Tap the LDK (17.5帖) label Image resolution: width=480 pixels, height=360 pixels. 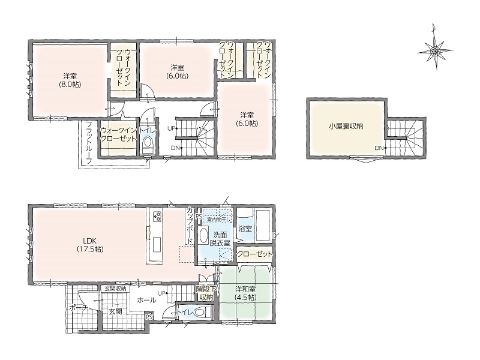coord(90,245)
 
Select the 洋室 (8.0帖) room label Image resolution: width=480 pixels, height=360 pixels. coord(70,80)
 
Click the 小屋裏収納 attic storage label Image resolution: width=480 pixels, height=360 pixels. coord(346,126)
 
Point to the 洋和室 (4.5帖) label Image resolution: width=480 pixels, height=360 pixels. coord(245,293)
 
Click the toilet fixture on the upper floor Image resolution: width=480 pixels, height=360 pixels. coord(148,143)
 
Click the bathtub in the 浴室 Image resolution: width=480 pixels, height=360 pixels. coord(263,225)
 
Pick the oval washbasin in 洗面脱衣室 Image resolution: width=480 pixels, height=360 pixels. coord(203,236)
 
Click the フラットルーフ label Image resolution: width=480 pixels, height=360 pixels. coord(89,142)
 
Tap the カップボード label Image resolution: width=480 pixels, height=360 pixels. coord(190,226)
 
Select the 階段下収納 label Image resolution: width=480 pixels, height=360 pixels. coord(206,293)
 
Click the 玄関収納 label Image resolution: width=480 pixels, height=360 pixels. coord(115,289)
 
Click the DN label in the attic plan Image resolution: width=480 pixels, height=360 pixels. coord(379,148)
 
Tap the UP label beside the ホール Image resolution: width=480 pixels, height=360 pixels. coord(161,293)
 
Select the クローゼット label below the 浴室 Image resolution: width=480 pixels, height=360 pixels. coord(254,254)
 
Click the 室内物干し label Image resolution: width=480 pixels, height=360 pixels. coord(219,220)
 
